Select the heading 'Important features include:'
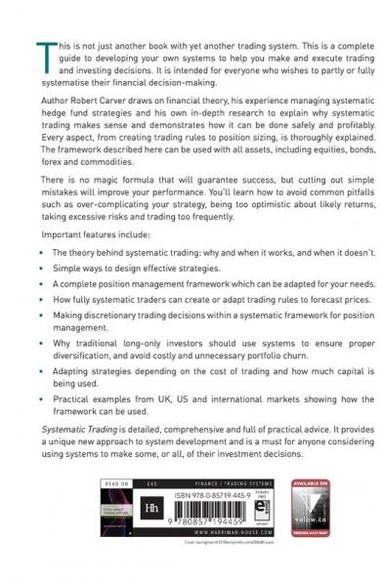(90, 235)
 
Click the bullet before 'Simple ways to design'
(44, 267)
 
